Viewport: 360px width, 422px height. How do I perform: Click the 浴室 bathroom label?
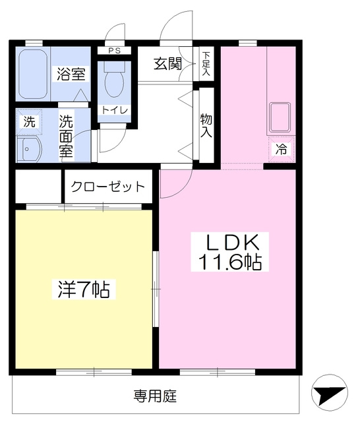point(71,74)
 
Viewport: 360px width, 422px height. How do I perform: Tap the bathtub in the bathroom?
point(34,74)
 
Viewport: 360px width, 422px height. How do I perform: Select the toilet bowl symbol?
point(114,84)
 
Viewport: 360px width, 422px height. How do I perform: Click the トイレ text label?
point(114,110)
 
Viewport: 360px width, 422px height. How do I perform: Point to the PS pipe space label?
point(115,51)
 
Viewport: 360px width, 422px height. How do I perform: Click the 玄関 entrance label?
point(167,64)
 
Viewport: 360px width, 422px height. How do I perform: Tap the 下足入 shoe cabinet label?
point(206,64)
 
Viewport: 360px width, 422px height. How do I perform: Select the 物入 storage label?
point(206,125)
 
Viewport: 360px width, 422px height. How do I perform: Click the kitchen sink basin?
point(280,117)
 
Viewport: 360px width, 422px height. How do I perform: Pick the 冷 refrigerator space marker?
point(282,149)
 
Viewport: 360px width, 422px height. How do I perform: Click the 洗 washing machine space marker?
point(29,122)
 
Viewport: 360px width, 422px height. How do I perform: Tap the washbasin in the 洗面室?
point(29,150)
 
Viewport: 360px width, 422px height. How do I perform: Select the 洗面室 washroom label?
point(66,136)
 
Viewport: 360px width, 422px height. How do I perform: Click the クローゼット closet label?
point(108,187)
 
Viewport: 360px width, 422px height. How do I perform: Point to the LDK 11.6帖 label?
point(230,252)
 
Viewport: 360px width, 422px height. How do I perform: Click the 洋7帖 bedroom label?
point(84,289)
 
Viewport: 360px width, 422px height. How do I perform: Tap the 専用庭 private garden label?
point(156,396)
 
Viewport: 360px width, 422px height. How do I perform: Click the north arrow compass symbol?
point(329,392)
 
